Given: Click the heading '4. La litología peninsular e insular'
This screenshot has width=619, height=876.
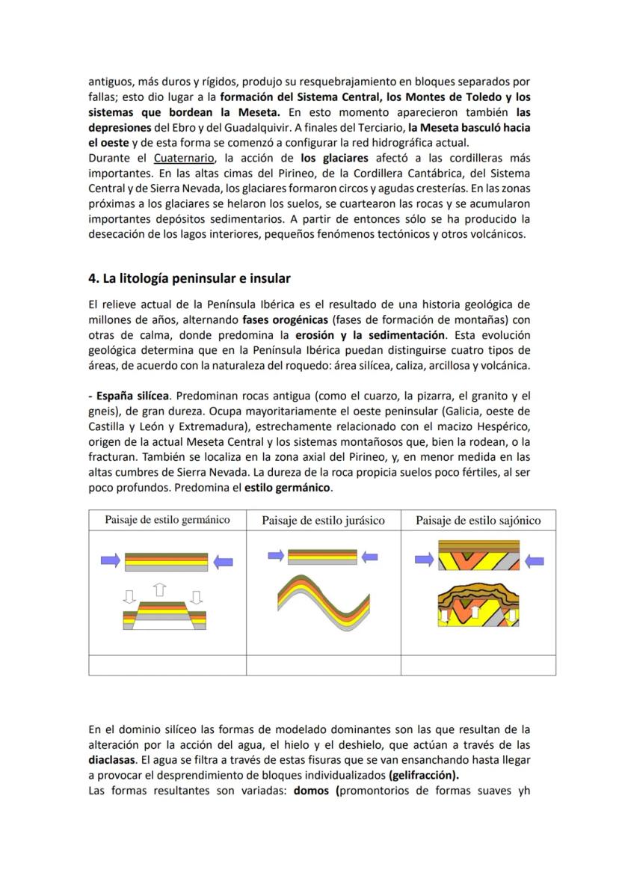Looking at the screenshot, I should (189, 278).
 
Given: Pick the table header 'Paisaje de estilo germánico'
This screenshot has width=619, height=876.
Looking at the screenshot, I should (167, 520).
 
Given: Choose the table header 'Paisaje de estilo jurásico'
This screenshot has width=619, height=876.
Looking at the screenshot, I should (323, 521).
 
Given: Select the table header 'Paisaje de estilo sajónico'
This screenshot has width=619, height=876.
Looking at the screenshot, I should (478, 521).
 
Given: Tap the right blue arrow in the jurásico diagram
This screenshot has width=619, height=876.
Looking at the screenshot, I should (369, 556).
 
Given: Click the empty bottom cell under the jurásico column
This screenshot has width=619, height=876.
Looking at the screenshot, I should (323, 665).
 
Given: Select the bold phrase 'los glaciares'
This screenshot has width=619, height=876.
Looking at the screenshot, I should (334, 158).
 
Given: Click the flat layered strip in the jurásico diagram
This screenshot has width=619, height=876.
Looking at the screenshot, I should (322, 556).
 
